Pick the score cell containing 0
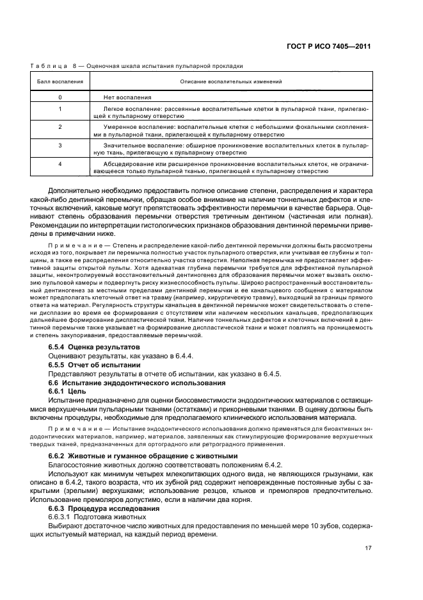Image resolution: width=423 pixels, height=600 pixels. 60,97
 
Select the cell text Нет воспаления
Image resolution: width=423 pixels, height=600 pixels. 127,97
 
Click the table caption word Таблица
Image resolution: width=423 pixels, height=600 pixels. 49,65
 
